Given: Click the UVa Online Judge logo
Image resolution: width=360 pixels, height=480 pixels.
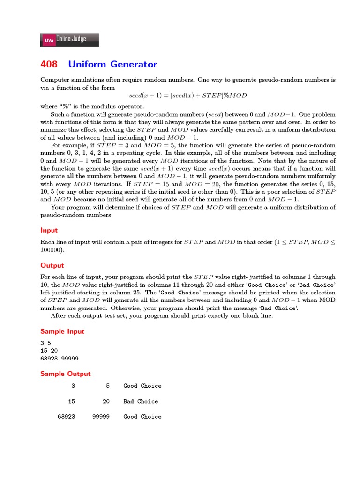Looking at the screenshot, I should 70,40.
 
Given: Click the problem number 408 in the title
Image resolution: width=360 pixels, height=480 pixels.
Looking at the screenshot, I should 49,64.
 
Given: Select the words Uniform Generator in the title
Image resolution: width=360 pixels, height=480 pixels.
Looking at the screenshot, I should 112,64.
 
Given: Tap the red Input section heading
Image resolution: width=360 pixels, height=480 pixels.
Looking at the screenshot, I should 49,230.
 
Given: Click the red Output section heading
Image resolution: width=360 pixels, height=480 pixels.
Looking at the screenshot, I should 52,265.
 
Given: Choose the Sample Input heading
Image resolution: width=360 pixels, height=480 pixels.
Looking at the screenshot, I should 62,331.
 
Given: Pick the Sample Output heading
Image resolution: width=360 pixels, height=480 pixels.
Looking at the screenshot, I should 65,374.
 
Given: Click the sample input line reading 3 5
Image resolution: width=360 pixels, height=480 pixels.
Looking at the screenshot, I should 45,343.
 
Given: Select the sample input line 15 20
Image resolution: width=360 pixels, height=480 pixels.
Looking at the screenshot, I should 49,351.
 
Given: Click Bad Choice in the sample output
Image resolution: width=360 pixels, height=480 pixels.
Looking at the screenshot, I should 141,401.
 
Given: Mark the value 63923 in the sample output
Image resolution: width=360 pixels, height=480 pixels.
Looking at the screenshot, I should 66,416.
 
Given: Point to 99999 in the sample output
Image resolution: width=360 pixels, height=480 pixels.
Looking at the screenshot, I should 101,416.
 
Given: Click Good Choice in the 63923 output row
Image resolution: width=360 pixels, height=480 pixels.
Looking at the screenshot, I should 142,416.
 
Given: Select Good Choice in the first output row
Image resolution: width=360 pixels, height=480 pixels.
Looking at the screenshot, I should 142,386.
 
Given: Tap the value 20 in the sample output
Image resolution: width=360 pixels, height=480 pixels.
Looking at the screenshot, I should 106,401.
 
